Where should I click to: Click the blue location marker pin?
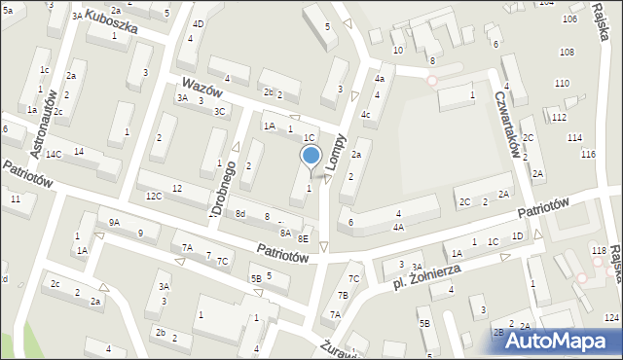point(311,156)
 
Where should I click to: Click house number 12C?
point(154,196)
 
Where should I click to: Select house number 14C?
point(53,154)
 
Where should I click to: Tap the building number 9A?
point(114,223)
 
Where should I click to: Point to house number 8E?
point(303,238)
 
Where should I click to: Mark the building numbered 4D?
point(199,23)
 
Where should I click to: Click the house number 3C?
point(220,111)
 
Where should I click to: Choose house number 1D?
point(517,236)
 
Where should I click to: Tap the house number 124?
point(610,318)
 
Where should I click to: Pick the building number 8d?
point(239,214)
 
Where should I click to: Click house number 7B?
point(343,295)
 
